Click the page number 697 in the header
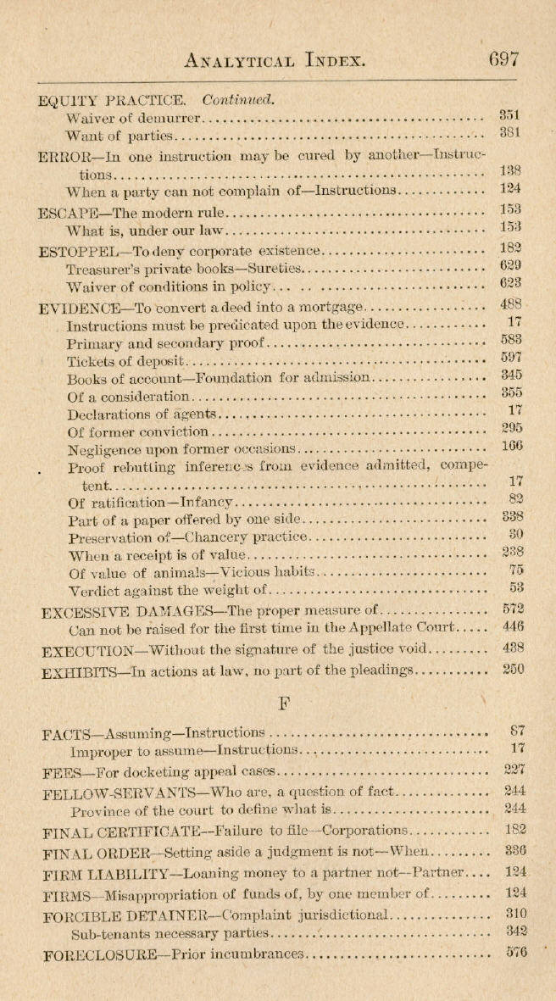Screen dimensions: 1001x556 click(x=503, y=59)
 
